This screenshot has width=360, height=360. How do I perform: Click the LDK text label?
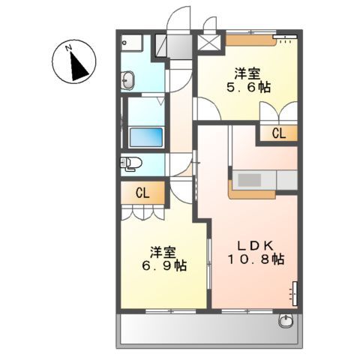(x=255, y=244)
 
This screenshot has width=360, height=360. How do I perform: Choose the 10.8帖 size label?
(x=256, y=259)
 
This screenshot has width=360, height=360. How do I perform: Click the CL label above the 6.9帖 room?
(x=142, y=193)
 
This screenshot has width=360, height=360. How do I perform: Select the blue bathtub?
(x=146, y=137)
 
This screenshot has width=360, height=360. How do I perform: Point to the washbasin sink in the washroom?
(x=127, y=79)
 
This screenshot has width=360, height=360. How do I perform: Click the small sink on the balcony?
(x=286, y=322)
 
